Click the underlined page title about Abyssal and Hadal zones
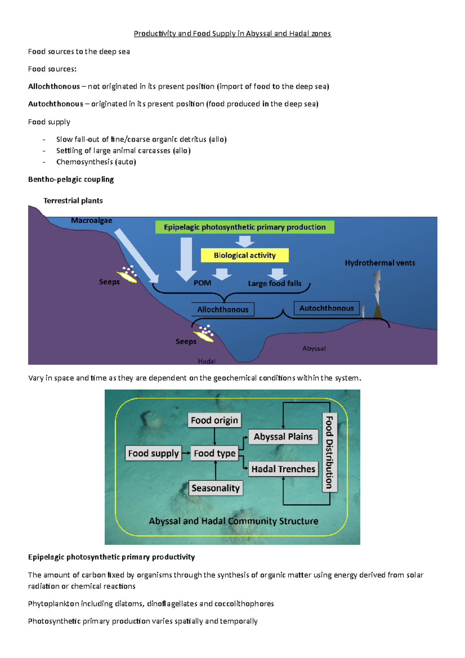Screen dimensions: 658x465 pyautogui.click(x=232, y=34)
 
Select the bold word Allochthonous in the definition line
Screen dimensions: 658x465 pyautogui.click(x=54, y=86)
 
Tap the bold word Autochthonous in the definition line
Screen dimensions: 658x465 pyautogui.click(x=55, y=104)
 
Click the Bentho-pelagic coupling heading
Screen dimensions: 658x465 pyautogui.click(x=71, y=179)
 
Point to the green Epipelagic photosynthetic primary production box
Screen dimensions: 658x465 pyautogui.click(x=245, y=227)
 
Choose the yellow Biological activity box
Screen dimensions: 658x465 pyautogui.click(x=245, y=255)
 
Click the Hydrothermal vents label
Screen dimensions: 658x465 pyautogui.click(x=380, y=263)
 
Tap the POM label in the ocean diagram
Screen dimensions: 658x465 pyautogui.click(x=202, y=283)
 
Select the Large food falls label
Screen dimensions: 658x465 pyautogui.click(x=274, y=284)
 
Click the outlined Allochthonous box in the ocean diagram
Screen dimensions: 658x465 pyautogui.click(x=223, y=310)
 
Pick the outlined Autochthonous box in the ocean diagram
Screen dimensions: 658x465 pyautogui.click(x=326, y=308)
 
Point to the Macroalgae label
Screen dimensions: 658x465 pyautogui.click(x=91, y=220)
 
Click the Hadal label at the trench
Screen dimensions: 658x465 pyautogui.click(x=207, y=361)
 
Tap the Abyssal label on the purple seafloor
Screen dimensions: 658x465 pyautogui.click(x=314, y=348)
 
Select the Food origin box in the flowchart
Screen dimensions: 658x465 pyautogui.click(x=214, y=420)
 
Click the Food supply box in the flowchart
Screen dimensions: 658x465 pyautogui.click(x=153, y=453)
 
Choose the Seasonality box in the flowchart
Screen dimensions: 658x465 pyautogui.click(x=215, y=488)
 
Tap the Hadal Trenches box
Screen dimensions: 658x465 pyautogui.click(x=283, y=469)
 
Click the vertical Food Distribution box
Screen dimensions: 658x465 pyautogui.click(x=329, y=452)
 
